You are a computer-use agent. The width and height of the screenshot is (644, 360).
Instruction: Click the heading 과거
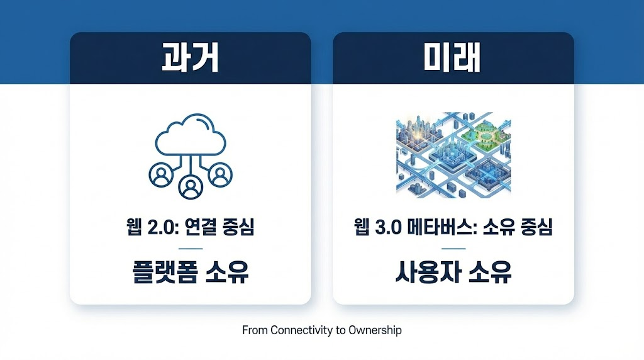(190, 59)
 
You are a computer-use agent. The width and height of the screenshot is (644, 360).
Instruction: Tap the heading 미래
(453, 59)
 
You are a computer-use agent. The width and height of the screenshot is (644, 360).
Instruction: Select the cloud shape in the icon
(190, 136)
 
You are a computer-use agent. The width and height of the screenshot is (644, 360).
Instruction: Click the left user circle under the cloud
(161, 176)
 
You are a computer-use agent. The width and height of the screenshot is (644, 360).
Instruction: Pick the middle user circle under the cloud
(190, 185)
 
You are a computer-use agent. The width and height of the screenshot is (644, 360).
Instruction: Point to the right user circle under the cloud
(219, 176)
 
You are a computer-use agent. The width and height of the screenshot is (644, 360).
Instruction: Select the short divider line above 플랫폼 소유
(190, 248)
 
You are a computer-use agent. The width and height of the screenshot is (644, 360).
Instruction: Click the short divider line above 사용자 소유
(453, 248)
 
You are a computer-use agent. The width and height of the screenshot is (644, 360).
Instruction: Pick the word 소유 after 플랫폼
(227, 272)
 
